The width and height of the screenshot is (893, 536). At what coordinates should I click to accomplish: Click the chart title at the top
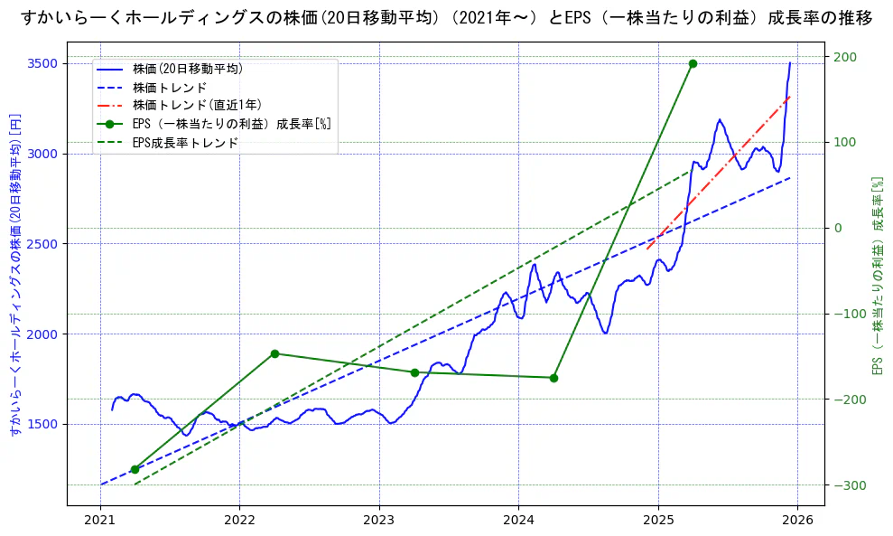coord(446,18)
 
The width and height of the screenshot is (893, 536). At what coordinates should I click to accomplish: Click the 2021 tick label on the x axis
coord(100,521)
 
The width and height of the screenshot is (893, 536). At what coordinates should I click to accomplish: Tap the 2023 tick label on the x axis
coord(379,521)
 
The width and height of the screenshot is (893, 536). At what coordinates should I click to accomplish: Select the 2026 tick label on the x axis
coord(797,521)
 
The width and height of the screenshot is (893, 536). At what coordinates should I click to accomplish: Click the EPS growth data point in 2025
coord(693,63)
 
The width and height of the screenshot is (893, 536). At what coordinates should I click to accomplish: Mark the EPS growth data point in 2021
coord(135,469)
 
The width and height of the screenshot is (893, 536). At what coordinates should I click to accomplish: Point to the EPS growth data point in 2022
coord(274,353)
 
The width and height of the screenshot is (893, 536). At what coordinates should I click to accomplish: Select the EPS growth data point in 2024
coord(553,378)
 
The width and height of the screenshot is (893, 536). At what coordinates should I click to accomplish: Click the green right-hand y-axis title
coord(877,276)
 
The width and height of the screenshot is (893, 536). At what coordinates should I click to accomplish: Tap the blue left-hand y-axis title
coord(14,276)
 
